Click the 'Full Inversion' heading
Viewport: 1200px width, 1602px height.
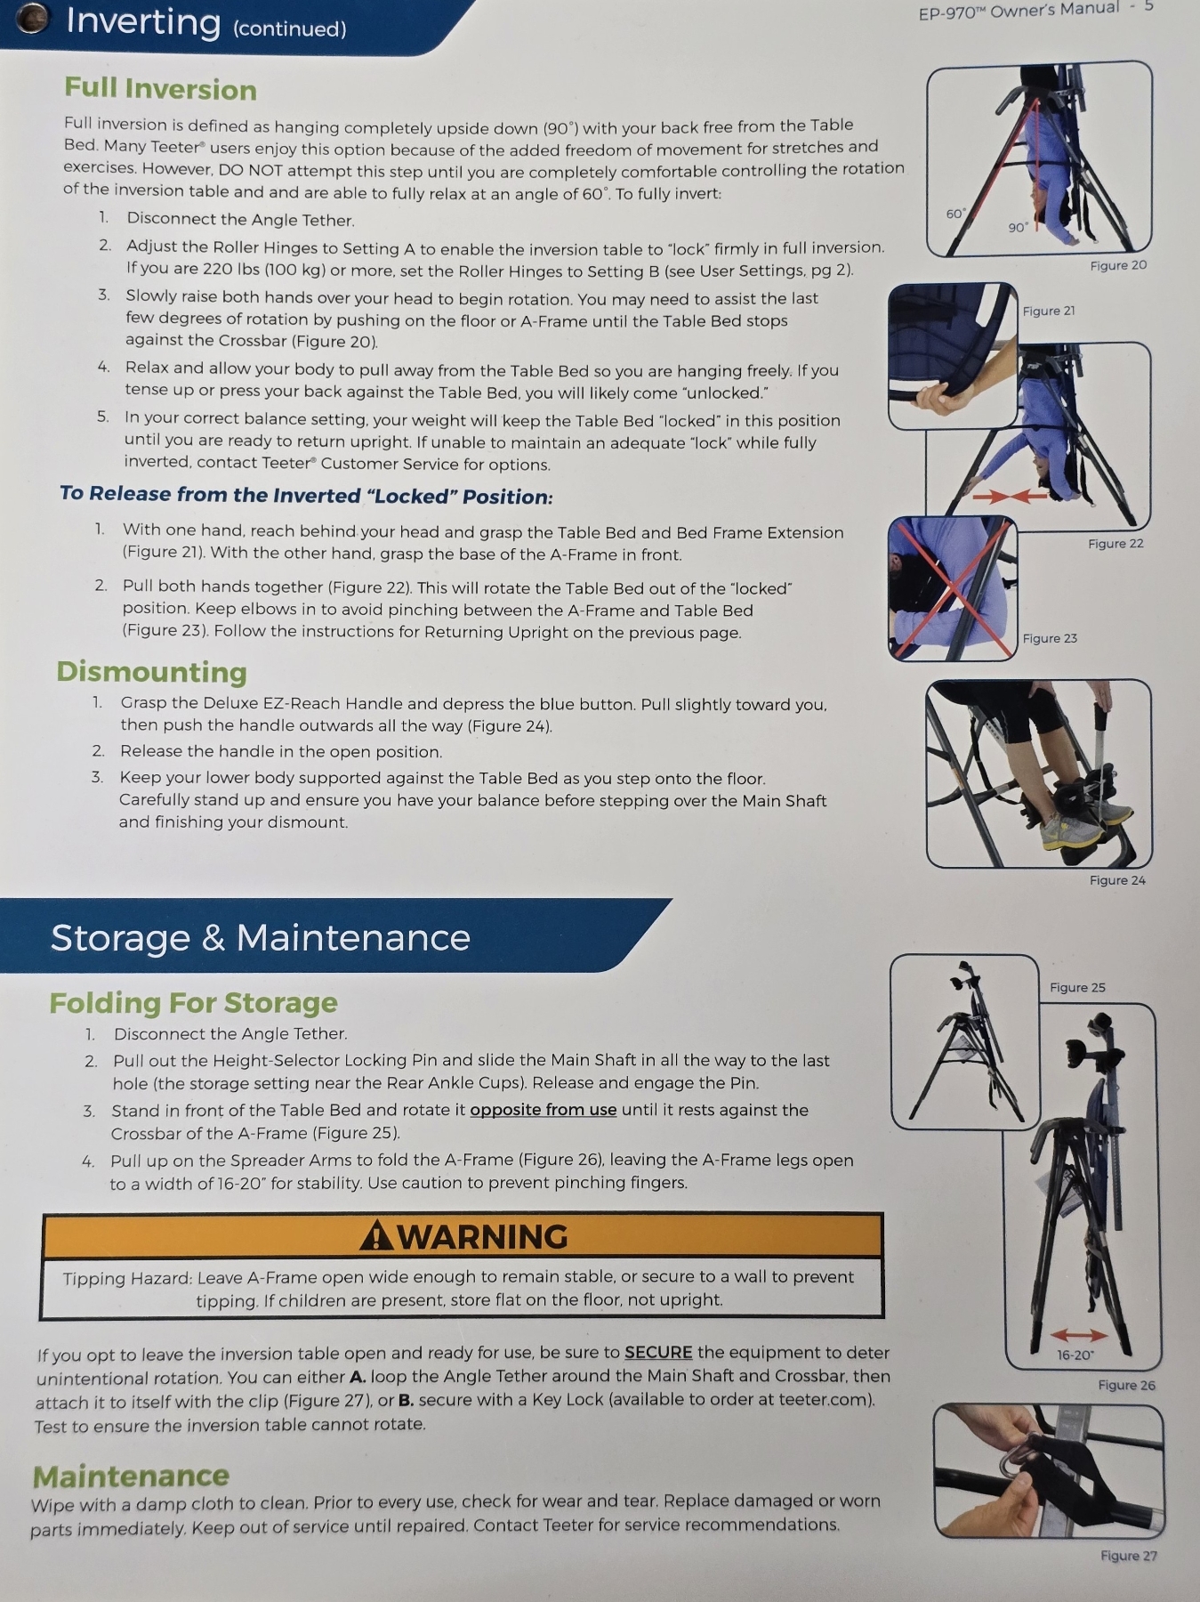pyautogui.click(x=160, y=89)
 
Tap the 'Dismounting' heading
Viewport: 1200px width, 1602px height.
pyautogui.click(x=151, y=671)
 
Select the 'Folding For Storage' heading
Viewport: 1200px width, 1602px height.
pyautogui.click(x=193, y=1003)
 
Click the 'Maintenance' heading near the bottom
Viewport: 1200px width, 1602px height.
pyautogui.click(x=131, y=1477)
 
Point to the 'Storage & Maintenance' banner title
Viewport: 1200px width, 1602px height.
pyautogui.click(x=260, y=938)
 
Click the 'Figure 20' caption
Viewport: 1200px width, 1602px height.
pyautogui.click(x=1118, y=265)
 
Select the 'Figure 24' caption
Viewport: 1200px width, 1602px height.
pyautogui.click(x=1117, y=880)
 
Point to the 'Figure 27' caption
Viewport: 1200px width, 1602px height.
pyautogui.click(x=1129, y=1555)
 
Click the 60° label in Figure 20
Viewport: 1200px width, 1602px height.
pyautogui.click(x=955, y=214)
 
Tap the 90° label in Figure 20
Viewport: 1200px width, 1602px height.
pyautogui.click(x=1018, y=228)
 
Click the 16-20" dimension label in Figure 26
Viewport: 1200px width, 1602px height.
pyautogui.click(x=1075, y=1355)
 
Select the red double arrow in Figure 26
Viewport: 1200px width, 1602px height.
pyautogui.click(x=1078, y=1334)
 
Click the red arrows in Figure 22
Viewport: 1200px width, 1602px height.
pyautogui.click(x=1010, y=495)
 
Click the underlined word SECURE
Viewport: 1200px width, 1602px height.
pyautogui.click(x=658, y=1353)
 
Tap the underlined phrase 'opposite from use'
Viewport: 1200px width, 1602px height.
pyautogui.click(x=543, y=1110)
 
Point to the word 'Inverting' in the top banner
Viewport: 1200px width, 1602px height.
pyautogui.click(x=143, y=21)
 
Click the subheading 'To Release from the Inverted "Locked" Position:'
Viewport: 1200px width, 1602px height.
pyautogui.click(x=306, y=495)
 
